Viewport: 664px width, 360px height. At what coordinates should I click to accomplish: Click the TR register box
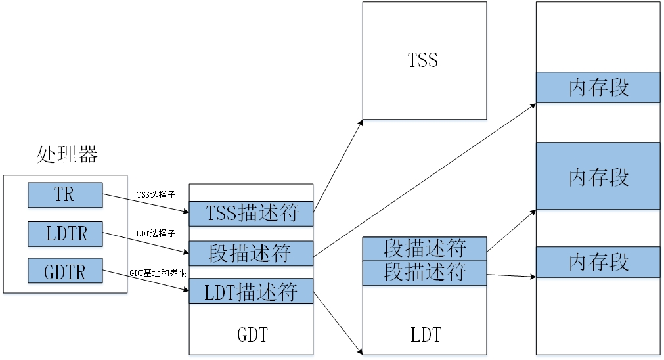pos(65,195)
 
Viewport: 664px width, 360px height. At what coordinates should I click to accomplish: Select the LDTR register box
pos(65,234)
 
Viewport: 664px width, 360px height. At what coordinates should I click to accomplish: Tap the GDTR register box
pos(65,271)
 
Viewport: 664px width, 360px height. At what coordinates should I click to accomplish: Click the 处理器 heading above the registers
pos(66,155)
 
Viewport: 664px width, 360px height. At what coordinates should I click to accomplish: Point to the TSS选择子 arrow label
pos(156,194)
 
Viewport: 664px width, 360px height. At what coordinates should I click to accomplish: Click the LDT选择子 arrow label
pos(156,233)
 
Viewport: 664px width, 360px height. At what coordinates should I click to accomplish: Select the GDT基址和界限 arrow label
pos(158,272)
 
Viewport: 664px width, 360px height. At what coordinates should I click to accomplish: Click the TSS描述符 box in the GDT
pos(252,213)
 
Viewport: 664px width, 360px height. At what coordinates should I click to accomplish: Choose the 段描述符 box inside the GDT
pos(252,253)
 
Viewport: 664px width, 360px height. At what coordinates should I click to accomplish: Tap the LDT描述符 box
pos(252,290)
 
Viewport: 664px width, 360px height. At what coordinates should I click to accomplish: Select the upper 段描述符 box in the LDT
pos(425,248)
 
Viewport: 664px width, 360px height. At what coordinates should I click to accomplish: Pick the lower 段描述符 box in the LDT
pos(425,272)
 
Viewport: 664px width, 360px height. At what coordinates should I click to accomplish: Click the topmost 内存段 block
pos(598,87)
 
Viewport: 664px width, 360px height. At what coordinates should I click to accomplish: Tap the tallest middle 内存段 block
pos(598,176)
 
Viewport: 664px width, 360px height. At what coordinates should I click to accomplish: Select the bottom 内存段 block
pos(598,261)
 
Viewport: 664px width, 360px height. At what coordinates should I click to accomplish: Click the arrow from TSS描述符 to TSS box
pos(338,166)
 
